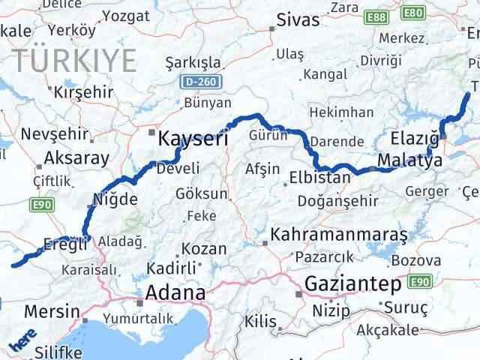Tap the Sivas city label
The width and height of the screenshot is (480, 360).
[294, 20]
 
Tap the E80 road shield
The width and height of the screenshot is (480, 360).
[413, 13]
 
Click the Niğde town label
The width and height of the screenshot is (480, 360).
[115, 199]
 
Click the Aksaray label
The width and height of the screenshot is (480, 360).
[76, 157]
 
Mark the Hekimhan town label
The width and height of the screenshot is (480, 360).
[341, 112]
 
